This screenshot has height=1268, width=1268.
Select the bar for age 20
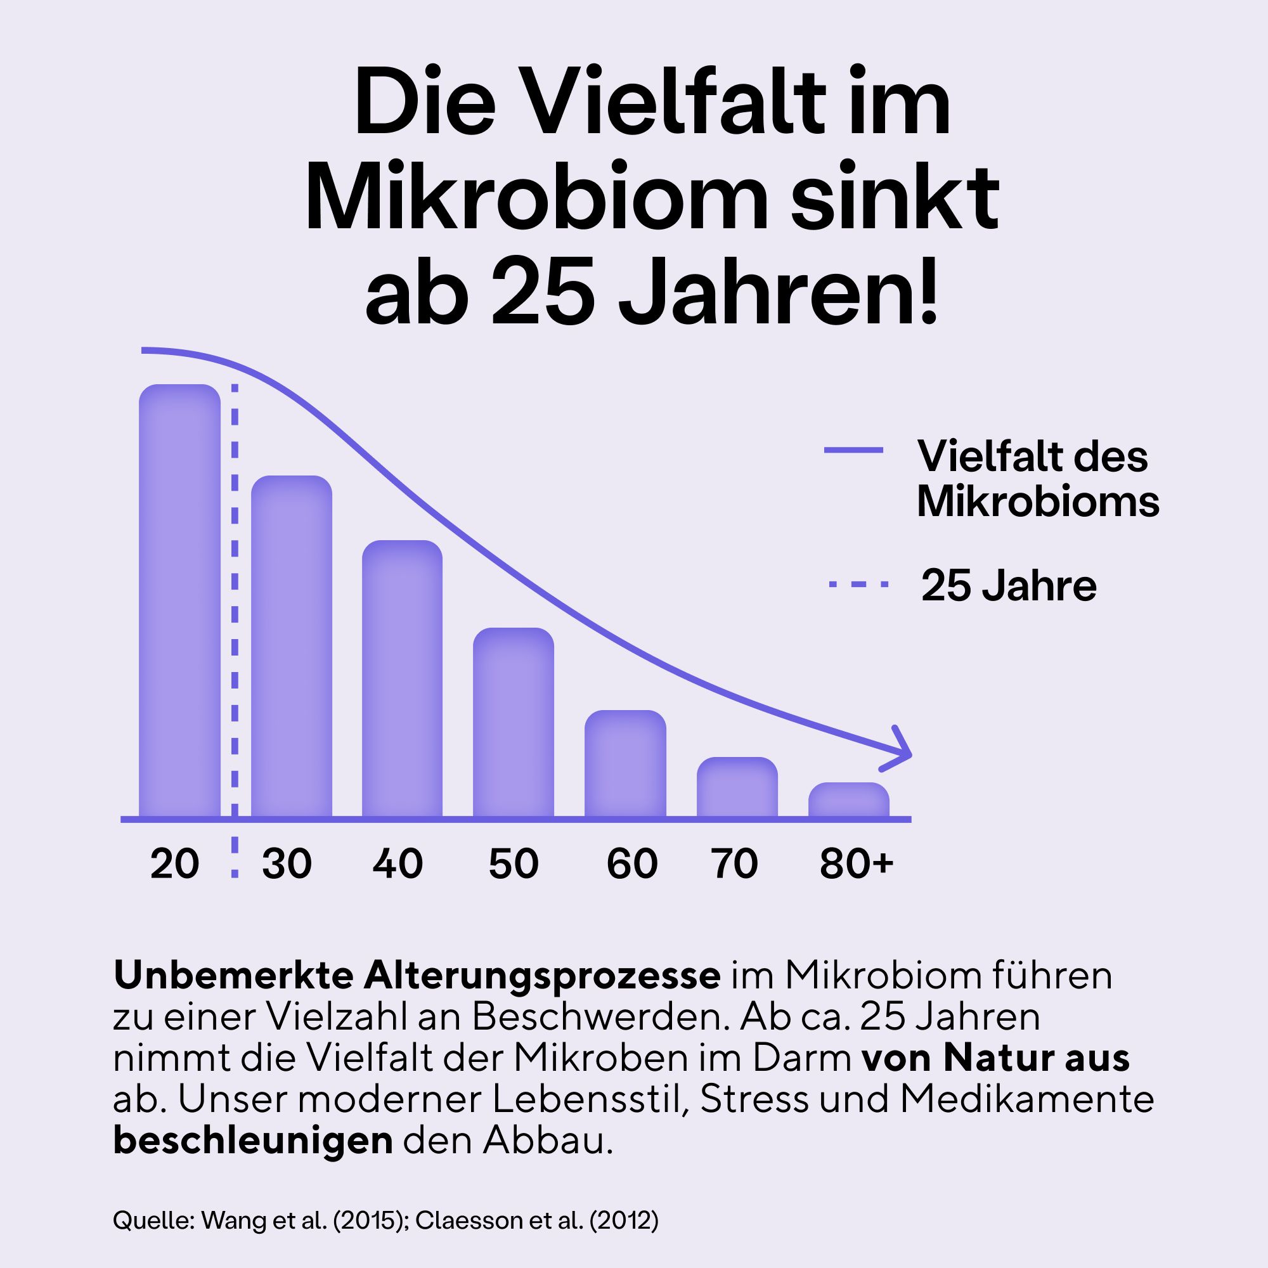[x=179, y=600]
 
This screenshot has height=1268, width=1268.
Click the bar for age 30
[x=292, y=647]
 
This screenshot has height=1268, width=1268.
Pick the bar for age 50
[x=514, y=722]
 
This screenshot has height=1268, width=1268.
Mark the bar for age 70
[x=737, y=787]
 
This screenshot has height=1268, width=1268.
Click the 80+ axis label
[x=856, y=864]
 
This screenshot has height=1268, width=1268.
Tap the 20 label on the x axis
[x=174, y=864]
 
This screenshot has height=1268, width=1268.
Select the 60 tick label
[x=631, y=864]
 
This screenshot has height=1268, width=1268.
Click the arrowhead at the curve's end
[x=900, y=749]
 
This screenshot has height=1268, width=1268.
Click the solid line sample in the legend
[x=853, y=450]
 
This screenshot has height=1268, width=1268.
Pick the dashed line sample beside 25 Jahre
[x=858, y=583]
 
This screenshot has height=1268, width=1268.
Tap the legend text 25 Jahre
[x=1008, y=585]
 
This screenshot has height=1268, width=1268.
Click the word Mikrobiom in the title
[x=536, y=198]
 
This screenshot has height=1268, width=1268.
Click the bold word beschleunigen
[x=253, y=1141]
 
